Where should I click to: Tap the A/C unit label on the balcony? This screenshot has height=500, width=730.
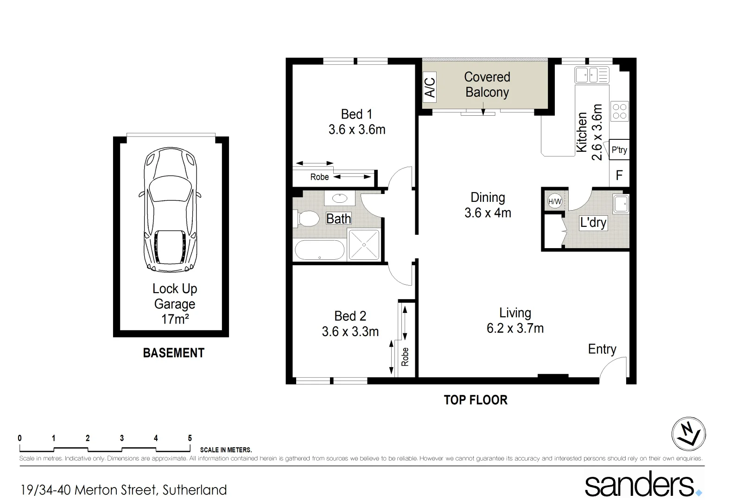tap(430, 87)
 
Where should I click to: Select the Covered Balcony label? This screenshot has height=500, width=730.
tap(487, 84)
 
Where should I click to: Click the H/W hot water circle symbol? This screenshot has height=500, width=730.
tap(554, 201)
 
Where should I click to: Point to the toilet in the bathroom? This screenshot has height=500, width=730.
tap(307, 219)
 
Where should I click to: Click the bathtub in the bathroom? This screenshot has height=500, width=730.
tap(319, 250)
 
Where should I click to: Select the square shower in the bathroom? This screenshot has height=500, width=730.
tap(364, 244)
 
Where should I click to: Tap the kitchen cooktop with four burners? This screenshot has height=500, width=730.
tap(620, 111)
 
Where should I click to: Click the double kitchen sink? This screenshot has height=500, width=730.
tap(592, 75)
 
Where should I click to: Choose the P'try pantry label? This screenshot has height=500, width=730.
tap(619, 150)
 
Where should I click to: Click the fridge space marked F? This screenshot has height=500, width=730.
tap(619, 175)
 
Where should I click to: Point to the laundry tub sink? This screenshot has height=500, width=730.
tap(621, 204)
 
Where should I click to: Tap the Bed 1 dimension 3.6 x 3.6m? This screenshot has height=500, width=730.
tap(357, 130)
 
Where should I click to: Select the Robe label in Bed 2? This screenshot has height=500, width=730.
tap(405, 356)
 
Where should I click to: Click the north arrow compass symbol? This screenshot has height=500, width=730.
tap(688, 434)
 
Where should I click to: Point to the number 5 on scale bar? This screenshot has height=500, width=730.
tap(190, 438)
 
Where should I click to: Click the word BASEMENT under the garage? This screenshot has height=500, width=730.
tap(173, 353)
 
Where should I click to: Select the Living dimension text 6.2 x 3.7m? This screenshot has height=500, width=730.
tap(515, 328)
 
